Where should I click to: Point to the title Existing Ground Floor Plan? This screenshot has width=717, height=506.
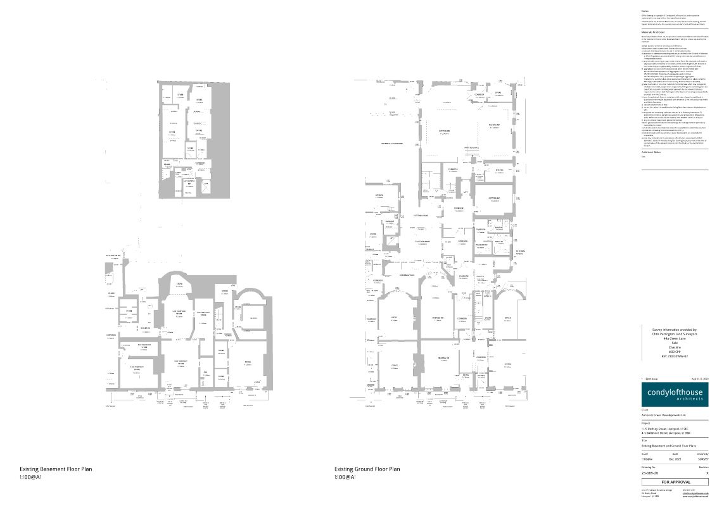[x=367, y=469]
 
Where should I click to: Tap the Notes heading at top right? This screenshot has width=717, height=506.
[x=645, y=11]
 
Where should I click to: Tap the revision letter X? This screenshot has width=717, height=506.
[x=706, y=472]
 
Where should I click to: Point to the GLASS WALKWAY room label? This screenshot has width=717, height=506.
[x=422, y=241]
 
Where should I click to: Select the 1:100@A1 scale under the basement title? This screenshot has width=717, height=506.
[x=30, y=478]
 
